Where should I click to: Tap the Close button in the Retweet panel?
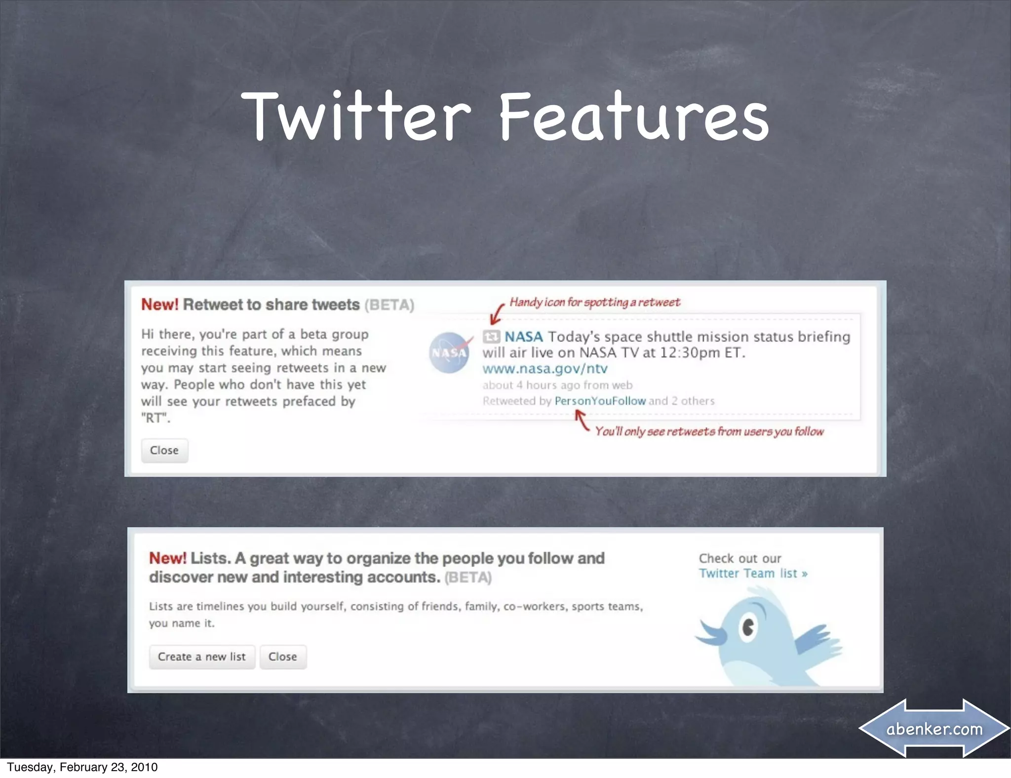coord(164,450)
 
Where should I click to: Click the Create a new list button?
coord(201,657)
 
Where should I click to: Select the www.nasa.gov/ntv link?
coord(544,369)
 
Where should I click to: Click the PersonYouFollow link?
coord(600,401)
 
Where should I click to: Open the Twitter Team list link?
coord(752,573)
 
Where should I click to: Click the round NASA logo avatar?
coord(449,352)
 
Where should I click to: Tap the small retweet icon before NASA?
coord(491,337)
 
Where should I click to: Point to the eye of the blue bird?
coord(748,627)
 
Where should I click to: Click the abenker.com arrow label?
coord(934,729)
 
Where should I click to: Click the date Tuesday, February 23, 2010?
coord(82,767)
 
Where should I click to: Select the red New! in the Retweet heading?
coord(159,305)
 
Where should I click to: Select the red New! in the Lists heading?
coord(167,558)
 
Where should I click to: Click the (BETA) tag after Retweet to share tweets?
coord(389,305)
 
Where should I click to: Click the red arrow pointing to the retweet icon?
coord(497,314)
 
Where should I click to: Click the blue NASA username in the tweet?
coord(523,337)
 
